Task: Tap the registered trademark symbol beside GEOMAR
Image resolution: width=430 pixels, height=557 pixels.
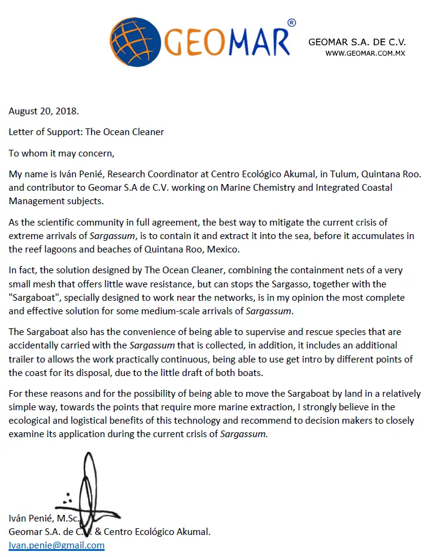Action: [291, 23]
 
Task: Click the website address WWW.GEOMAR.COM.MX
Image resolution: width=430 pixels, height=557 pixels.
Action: [365, 53]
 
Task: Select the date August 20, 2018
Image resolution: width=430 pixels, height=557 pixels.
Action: [43, 111]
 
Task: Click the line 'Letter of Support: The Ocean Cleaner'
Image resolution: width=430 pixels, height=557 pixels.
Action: [86, 131]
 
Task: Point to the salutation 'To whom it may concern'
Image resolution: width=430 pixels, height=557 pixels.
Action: [61, 153]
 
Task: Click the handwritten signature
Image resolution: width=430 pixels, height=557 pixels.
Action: [89, 489]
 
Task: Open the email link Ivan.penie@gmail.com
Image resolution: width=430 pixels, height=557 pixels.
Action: [56, 545]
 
